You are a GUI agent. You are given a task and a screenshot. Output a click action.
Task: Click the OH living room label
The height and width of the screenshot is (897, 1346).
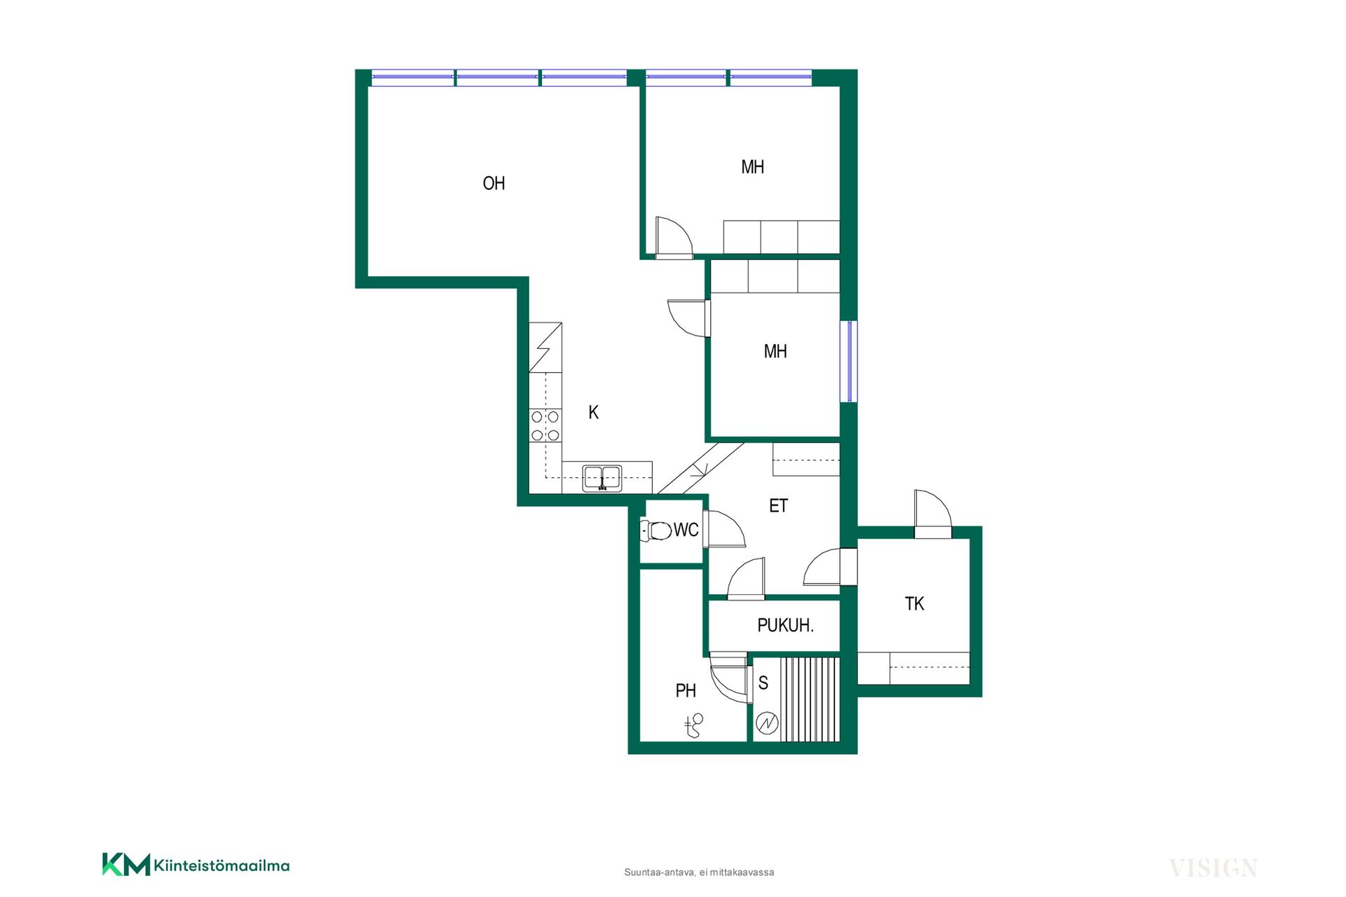click(x=494, y=184)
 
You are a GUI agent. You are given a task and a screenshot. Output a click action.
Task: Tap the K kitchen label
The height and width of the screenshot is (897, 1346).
click(x=593, y=413)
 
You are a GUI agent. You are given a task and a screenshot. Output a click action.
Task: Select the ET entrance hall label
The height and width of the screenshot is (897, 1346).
click(x=778, y=506)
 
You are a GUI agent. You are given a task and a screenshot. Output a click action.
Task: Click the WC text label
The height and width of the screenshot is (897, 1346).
click(x=686, y=530)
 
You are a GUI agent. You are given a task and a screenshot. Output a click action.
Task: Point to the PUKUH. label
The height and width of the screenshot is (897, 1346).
click(x=785, y=625)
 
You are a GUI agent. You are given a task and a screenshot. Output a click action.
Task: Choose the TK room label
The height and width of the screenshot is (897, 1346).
click(x=914, y=604)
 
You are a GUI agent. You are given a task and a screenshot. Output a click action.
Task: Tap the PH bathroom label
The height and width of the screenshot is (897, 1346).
click(x=686, y=691)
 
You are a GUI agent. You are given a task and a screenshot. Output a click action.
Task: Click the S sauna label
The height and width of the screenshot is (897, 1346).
click(x=763, y=683)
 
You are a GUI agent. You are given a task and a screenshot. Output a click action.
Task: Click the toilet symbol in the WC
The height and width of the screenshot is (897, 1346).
click(x=656, y=530)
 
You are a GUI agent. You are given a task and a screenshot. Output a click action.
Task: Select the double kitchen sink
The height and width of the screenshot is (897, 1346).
click(x=602, y=478)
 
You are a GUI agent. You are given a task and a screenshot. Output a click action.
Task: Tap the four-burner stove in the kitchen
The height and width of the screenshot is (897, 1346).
click(x=545, y=426)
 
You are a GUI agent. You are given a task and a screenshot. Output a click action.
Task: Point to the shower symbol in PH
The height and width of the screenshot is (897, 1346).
click(x=694, y=726)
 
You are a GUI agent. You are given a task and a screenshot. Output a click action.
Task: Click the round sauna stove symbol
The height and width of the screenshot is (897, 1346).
click(x=767, y=723)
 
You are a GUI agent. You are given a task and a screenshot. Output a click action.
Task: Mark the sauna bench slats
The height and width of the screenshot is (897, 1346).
click(x=810, y=699)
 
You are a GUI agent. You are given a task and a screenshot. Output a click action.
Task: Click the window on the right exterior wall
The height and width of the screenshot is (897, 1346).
click(x=849, y=362)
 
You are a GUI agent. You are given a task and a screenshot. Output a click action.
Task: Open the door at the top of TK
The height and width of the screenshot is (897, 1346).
click(x=932, y=514)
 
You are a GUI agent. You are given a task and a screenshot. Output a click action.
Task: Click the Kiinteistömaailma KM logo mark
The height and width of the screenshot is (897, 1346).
click(x=126, y=865)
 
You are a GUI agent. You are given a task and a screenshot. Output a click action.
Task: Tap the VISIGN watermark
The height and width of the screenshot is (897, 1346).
click(x=1213, y=868)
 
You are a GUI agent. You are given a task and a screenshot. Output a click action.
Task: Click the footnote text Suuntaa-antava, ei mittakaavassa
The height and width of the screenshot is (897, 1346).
click(x=699, y=872)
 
